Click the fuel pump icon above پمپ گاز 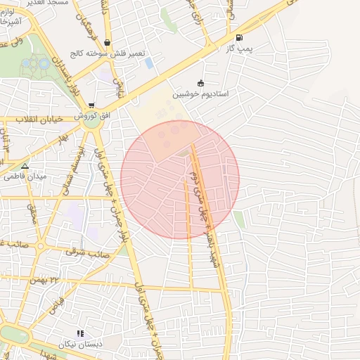point(240,38)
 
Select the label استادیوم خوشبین point(201,94)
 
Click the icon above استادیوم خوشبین point(201,82)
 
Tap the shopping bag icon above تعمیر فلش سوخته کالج point(107,42)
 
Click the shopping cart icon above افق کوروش point(91,105)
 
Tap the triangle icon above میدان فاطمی point(25,167)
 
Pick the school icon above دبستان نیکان point(80,333)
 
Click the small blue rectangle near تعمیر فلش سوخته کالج point(149,63)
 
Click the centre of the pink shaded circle point(180,179)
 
